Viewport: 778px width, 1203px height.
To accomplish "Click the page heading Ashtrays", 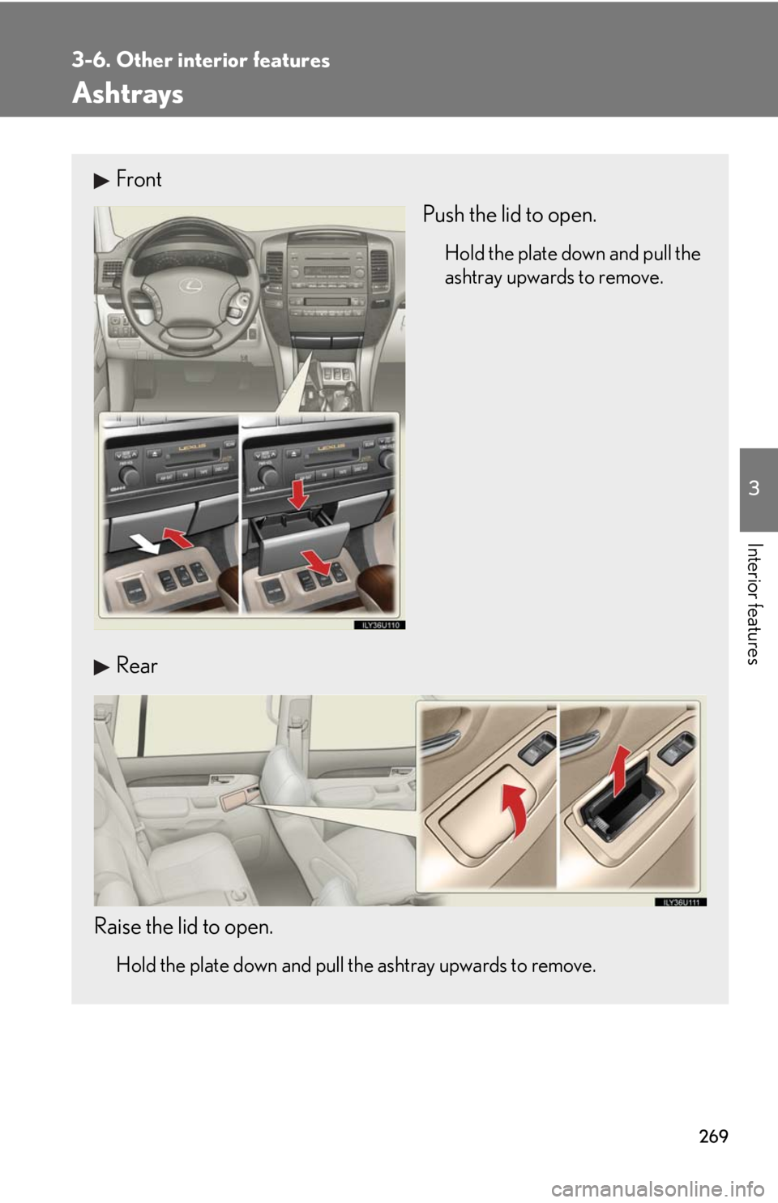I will [x=128, y=94].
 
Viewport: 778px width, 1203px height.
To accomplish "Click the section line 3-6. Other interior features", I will [x=200, y=60].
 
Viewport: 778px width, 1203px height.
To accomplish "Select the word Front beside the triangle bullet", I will [x=139, y=179].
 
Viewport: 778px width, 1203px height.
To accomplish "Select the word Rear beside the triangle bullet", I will [x=136, y=666].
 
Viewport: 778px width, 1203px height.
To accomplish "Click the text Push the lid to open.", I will [x=509, y=215].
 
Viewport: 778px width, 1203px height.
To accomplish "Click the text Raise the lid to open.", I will [x=183, y=926].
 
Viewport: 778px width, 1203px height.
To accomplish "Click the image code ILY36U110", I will [x=378, y=624].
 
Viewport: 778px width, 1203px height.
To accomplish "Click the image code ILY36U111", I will [x=678, y=901].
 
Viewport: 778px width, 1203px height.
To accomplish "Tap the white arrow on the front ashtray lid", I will [x=146, y=547].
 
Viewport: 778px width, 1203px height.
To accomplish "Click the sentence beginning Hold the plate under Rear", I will [x=356, y=965].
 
